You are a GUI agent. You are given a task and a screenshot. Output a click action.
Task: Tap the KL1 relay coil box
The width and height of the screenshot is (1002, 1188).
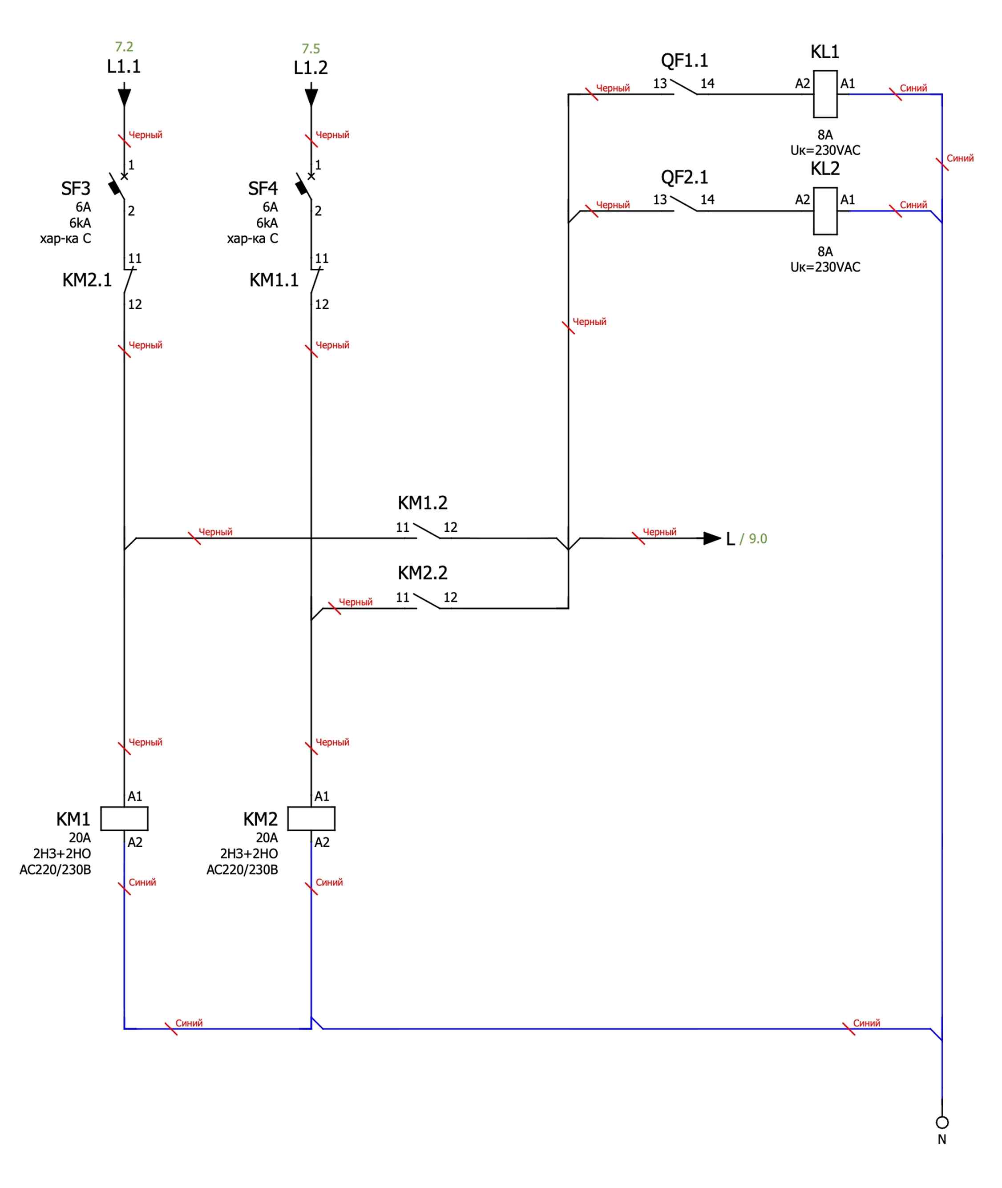tap(825, 94)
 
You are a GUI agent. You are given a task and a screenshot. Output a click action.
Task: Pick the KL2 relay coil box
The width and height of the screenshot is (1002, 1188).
tap(825, 211)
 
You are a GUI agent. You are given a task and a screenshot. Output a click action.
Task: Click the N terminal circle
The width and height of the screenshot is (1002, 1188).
tap(942, 1122)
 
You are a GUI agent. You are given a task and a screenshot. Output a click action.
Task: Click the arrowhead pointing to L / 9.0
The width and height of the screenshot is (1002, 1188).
tap(712, 538)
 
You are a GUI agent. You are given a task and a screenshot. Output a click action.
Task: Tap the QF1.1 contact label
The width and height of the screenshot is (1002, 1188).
tap(684, 60)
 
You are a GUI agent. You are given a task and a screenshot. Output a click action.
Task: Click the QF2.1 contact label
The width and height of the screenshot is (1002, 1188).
tap(684, 177)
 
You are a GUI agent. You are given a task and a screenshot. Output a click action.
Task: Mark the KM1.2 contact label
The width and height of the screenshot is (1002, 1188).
tap(422, 503)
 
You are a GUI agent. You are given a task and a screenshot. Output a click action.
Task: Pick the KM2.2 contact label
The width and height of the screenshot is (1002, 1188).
tap(422, 573)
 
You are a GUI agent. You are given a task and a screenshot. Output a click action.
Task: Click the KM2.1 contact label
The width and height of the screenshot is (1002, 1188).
tap(87, 280)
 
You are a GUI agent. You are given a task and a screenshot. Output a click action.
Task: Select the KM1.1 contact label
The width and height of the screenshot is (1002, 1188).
tap(274, 280)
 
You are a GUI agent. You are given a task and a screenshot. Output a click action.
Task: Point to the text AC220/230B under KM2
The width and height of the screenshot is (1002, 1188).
tap(242, 869)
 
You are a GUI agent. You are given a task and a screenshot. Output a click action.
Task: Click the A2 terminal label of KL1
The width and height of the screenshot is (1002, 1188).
tap(802, 84)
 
